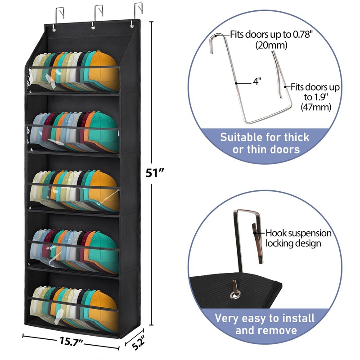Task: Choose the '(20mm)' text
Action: click(272, 45)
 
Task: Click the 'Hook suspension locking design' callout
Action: click(298, 238)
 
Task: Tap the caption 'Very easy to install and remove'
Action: click(264, 324)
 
